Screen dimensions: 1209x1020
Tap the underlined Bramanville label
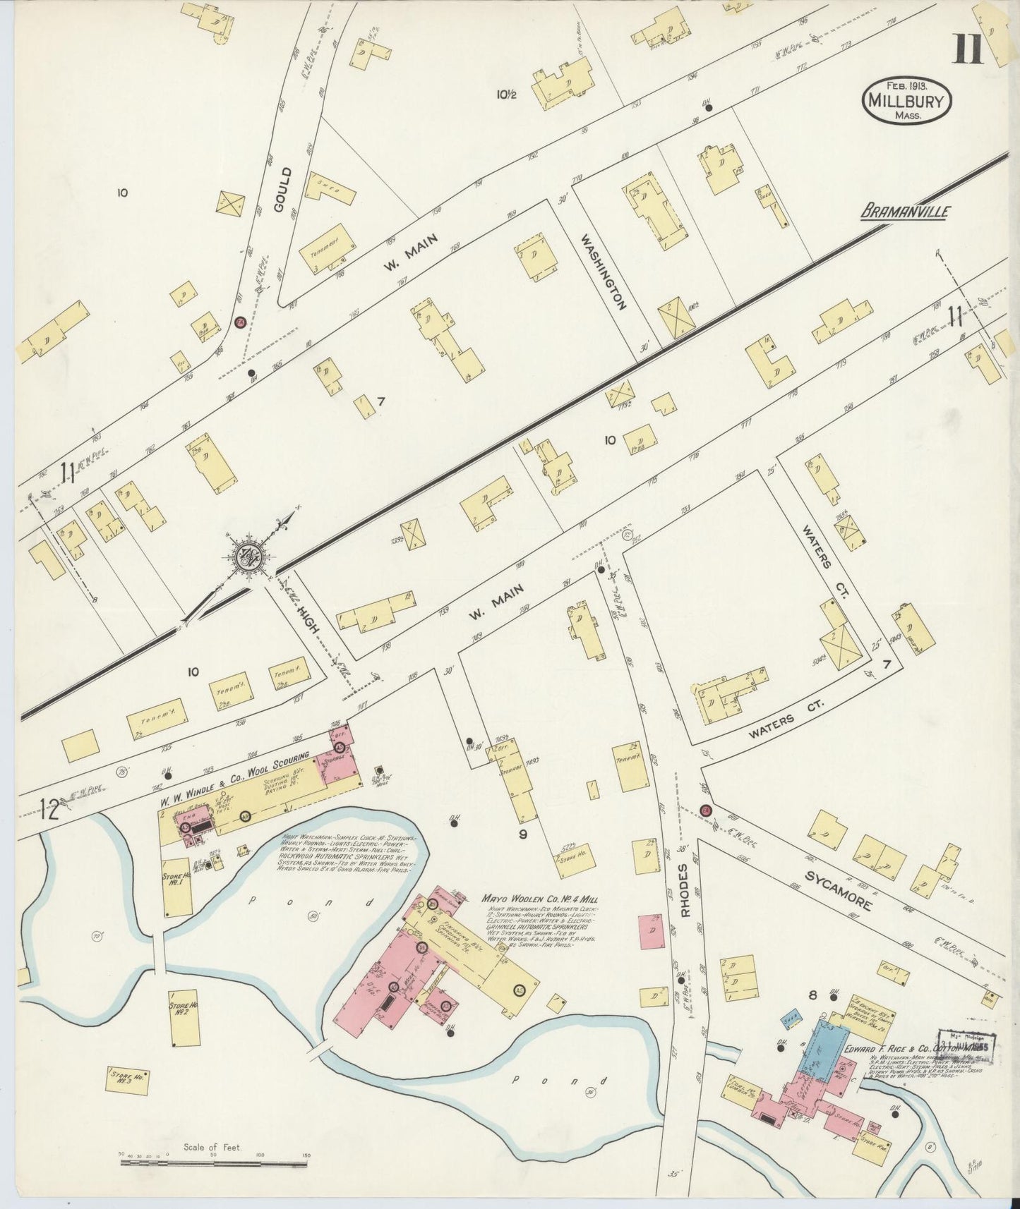906,211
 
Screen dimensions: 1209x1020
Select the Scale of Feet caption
212,1147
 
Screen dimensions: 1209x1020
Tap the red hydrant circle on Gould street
240,322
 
